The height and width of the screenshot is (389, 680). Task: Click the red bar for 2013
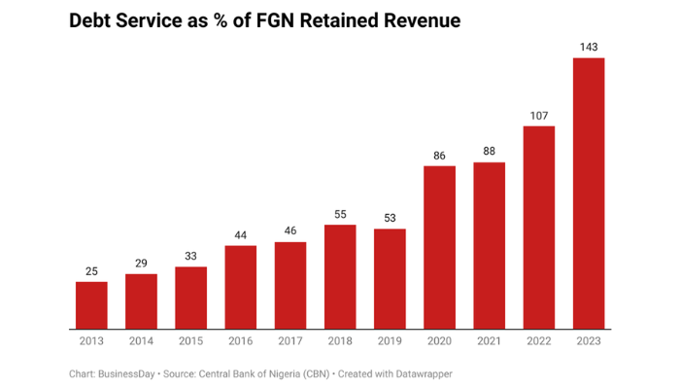click(91, 304)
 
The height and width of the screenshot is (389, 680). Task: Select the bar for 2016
click(241, 287)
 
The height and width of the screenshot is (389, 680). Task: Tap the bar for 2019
click(390, 278)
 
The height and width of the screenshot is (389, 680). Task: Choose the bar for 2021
click(490, 245)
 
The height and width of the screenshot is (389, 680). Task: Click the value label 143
click(589, 47)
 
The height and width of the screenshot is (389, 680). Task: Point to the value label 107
click(539, 116)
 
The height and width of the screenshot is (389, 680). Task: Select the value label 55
click(340, 214)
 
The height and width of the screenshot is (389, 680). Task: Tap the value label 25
click(91, 270)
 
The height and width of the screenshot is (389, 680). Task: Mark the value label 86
click(439, 156)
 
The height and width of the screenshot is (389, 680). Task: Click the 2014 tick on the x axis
click(141, 340)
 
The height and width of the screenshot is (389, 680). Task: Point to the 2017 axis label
click(290, 340)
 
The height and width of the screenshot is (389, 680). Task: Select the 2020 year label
click(439, 340)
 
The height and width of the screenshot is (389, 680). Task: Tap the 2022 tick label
click(539, 340)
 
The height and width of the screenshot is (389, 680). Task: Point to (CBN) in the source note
click(310, 373)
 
